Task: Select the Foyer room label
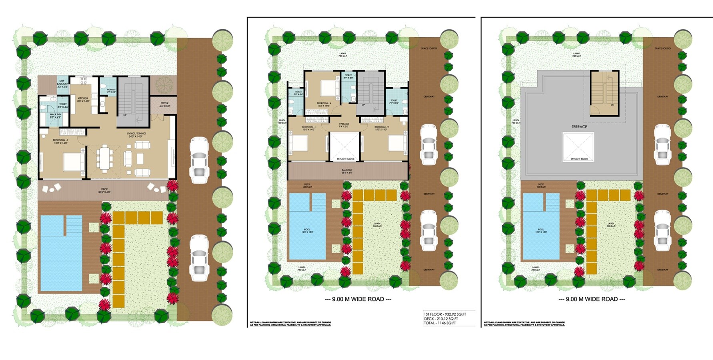pos(164,104)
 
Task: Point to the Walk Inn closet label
pos(55,116)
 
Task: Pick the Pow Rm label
pos(111,91)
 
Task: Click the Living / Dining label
pos(136,135)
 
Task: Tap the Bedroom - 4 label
pos(324,104)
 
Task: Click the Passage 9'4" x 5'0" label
pos(344,125)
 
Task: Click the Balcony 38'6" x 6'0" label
pos(347,171)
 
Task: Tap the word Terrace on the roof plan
pos(579,127)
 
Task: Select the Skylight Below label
pos(579,159)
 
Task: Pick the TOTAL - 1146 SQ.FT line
pos(440,323)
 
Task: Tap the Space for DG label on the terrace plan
pos(663,48)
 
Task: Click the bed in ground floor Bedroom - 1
pos(74,162)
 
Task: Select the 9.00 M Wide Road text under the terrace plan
pos(592,299)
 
